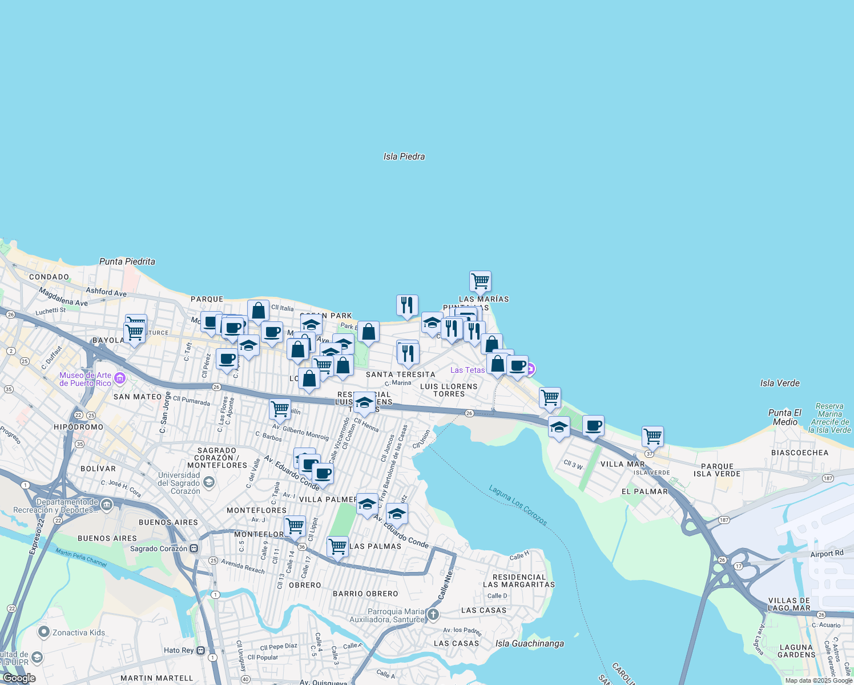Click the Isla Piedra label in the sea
(x=404, y=156)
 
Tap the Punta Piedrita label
(x=127, y=261)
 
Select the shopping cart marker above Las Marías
(x=481, y=281)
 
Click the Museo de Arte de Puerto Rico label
(x=86, y=379)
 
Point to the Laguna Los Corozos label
(x=518, y=505)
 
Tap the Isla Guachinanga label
(x=530, y=643)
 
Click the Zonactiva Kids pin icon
(x=44, y=632)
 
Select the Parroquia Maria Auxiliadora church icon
(x=433, y=614)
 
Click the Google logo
(x=19, y=678)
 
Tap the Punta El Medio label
(x=785, y=417)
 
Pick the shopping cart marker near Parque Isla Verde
(x=652, y=437)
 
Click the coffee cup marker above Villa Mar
(x=594, y=426)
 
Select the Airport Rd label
(x=827, y=554)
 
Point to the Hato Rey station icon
(x=201, y=650)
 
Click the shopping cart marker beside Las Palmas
(x=338, y=547)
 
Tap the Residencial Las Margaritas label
(x=519, y=581)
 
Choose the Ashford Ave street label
(x=106, y=292)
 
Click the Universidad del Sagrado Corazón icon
(x=209, y=483)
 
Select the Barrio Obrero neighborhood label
(x=365, y=594)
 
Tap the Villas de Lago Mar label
(x=789, y=604)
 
